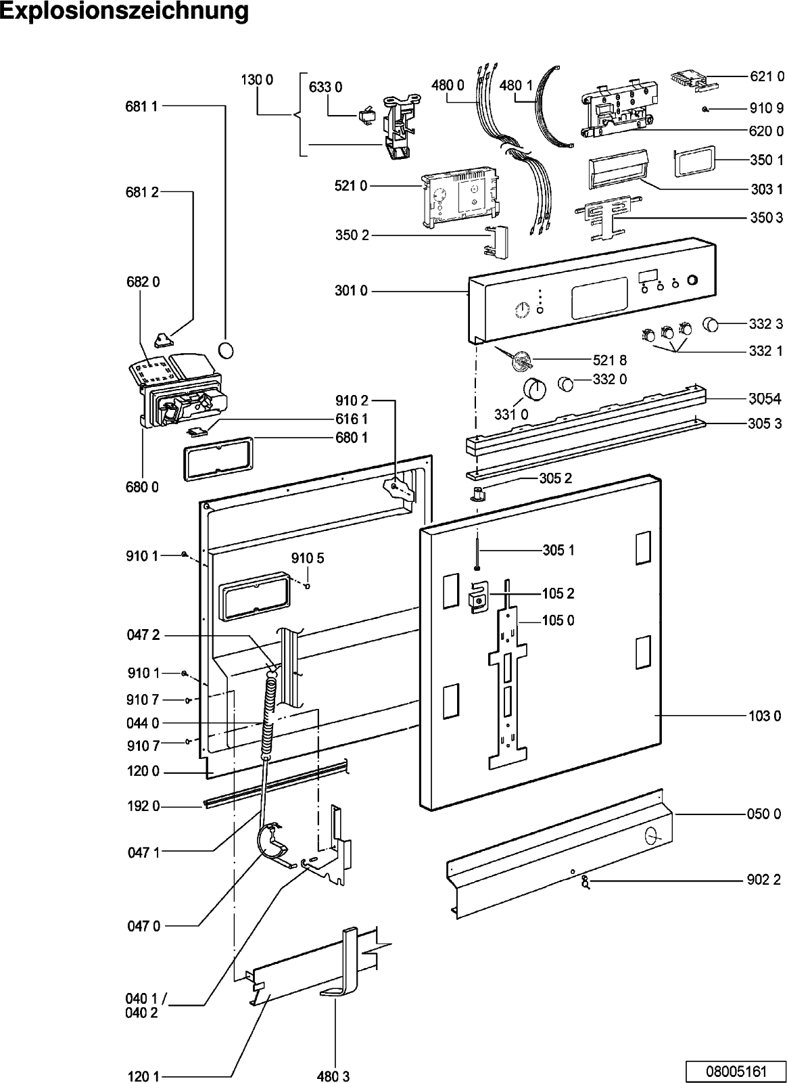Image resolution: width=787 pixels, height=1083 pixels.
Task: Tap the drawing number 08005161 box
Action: (736, 1071)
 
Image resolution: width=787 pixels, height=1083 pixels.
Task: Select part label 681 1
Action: (141, 106)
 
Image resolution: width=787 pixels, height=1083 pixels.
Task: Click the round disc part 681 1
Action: (228, 350)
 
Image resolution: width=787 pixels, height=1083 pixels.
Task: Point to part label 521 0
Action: (350, 186)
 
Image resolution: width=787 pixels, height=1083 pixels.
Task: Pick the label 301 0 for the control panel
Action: (350, 292)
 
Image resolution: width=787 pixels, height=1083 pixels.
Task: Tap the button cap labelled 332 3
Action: (710, 325)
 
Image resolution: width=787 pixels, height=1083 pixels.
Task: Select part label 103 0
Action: (764, 715)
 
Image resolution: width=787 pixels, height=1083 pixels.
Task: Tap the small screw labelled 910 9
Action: (705, 108)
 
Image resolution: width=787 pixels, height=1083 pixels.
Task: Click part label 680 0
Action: (142, 486)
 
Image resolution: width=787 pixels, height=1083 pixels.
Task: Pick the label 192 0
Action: (143, 806)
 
